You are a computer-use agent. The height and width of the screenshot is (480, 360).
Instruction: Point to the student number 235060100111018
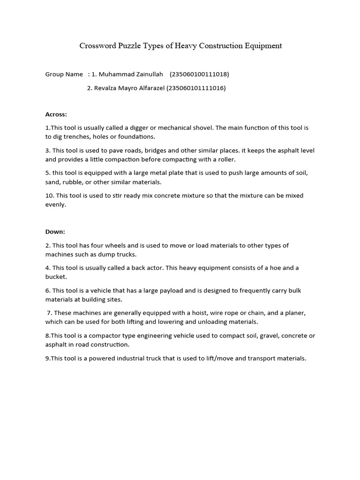(x=199, y=74)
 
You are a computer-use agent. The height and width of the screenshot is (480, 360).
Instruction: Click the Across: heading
(x=56, y=114)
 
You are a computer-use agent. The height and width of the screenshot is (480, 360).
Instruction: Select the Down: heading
(x=55, y=232)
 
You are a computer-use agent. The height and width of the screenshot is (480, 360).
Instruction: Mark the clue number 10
(x=49, y=195)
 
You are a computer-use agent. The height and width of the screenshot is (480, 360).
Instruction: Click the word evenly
(x=56, y=205)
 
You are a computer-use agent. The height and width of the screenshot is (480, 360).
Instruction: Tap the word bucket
(x=55, y=277)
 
